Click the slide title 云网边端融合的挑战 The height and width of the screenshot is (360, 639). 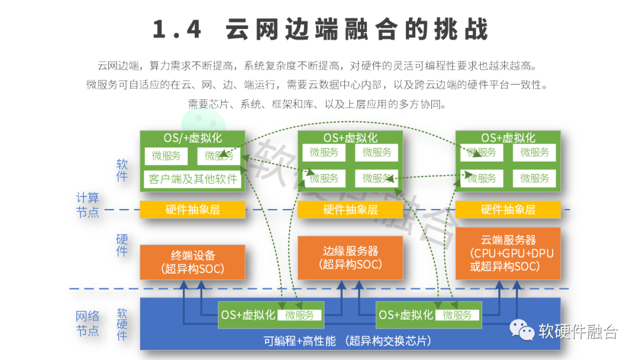point(320,30)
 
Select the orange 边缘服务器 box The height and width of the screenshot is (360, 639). point(350,258)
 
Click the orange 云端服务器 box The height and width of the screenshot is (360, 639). point(508,253)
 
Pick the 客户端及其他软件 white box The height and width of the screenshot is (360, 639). point(193,179)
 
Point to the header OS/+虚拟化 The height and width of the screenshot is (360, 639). point(193,138)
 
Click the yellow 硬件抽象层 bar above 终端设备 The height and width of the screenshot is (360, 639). point(192,210)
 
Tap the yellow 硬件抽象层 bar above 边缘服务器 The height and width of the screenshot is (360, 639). point(350,210)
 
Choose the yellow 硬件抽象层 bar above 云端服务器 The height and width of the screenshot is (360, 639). point(508,210)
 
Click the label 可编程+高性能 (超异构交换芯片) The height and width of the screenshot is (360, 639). point(347,341)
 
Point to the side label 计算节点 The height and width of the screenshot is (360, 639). point(88,204)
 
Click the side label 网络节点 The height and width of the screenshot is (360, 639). point(88,323)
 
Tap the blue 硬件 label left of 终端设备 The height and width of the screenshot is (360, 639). point(122,245)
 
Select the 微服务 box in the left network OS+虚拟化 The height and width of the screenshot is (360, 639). point(300,316)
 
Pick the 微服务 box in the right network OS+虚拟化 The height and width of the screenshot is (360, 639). point(457,316)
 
